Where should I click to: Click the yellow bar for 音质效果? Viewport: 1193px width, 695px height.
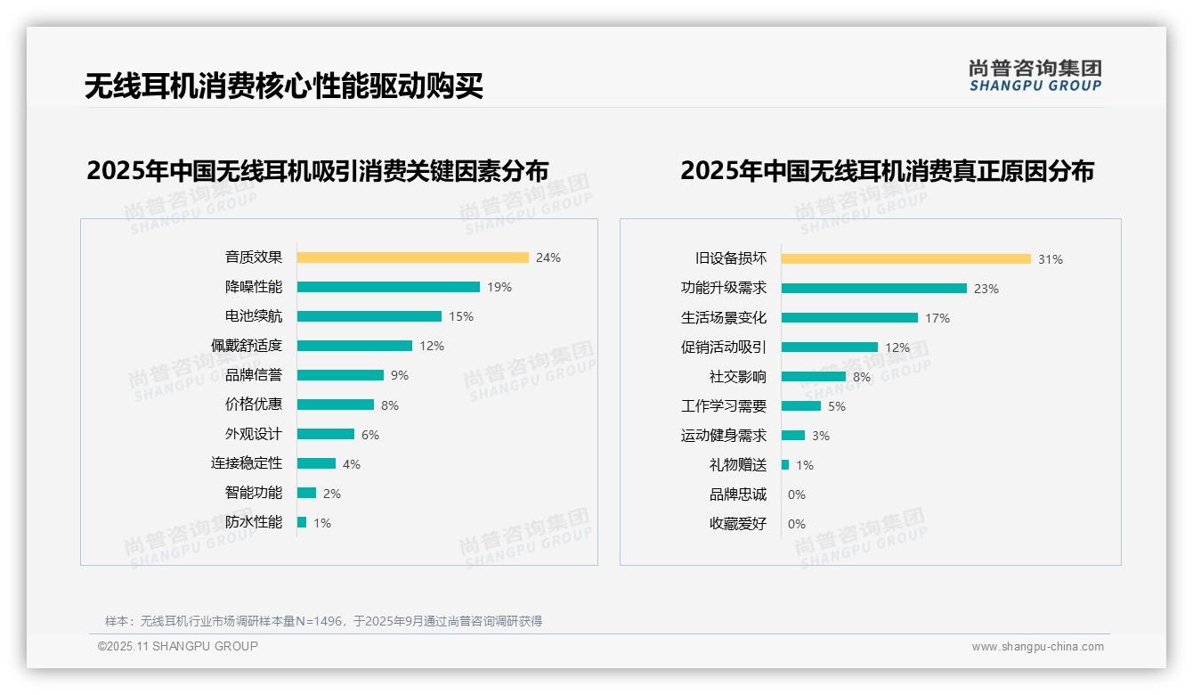point(412,258)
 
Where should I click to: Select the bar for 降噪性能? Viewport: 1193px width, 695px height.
point(388,287)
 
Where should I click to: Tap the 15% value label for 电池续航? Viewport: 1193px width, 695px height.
point(461,316)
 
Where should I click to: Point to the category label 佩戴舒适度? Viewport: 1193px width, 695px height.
point(247,346)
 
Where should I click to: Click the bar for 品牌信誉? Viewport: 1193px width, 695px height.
point(340,375)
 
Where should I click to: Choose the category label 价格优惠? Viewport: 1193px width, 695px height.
point(254,405)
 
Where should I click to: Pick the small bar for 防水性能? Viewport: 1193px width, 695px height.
point(302,522)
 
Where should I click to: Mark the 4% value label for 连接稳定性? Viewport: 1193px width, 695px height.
point(352,464)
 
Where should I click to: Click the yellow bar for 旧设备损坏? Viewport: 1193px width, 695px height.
point(905,259)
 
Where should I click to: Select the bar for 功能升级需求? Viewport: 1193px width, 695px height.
point(873,289)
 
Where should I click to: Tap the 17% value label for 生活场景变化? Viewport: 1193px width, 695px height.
point(937,318)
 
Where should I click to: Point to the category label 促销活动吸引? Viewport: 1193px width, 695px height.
point(724,347)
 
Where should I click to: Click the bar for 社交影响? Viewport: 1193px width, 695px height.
point(813,377)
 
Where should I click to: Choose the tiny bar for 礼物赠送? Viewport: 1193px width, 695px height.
point(785,465)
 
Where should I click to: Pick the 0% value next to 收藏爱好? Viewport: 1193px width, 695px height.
point(797,524)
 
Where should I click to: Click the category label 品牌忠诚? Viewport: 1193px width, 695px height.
point(738,495)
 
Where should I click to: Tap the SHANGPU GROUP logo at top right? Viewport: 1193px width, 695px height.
point(1035,75)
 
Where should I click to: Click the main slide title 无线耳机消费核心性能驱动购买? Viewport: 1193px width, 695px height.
point(284,86)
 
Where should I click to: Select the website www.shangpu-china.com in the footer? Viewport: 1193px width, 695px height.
point(1037,647)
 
